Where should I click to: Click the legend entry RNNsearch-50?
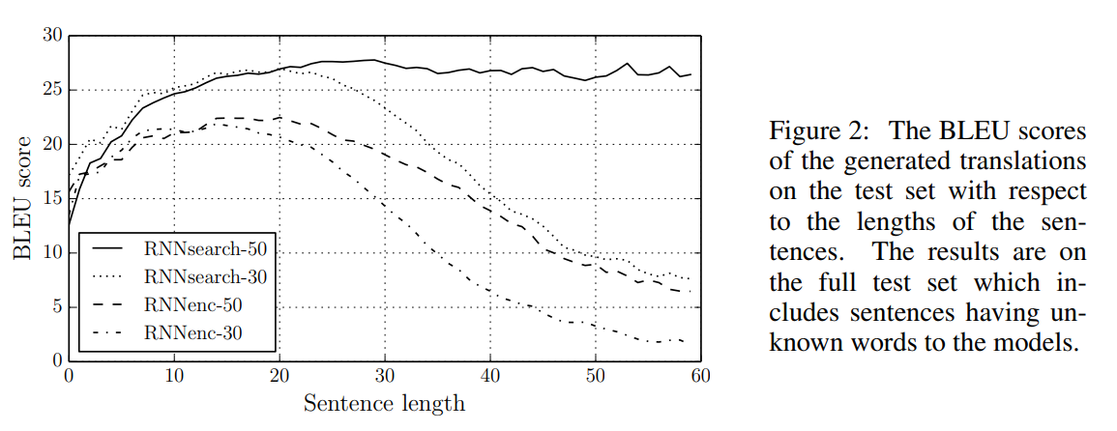pos(204,248)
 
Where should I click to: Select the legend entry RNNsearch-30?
pos(204,277)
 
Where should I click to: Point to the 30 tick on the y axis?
pos(52,36)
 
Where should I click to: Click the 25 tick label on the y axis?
pos(52,90)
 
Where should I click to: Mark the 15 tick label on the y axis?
pos(52,199)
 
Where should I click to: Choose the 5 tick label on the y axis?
pos(56,307)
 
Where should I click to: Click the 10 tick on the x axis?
pos(174,374)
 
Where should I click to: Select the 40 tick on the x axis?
pos(490,374)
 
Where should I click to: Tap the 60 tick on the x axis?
pos(701,374)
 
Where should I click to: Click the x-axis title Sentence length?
pos(384,402)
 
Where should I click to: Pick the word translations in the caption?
pos(1030,160)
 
